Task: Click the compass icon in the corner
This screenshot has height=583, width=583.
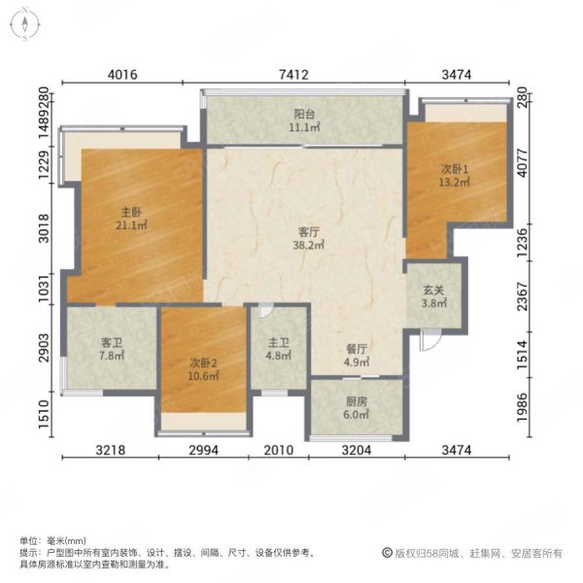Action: (25, 24)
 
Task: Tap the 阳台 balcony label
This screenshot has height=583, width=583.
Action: (305, 114)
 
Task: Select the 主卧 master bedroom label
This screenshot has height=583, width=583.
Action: (131, 212)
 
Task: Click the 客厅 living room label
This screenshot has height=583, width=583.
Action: (309, 232)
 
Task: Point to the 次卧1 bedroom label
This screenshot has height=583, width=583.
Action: (455, 169)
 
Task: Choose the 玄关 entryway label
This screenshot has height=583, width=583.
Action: (434, 290)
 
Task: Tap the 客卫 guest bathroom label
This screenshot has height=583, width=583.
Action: (112, 342)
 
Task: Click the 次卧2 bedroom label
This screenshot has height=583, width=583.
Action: (203, 362)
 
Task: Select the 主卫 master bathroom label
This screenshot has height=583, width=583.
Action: (279, 342)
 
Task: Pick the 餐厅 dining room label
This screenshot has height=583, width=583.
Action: (357, 349)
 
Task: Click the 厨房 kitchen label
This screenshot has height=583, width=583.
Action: (357, 401)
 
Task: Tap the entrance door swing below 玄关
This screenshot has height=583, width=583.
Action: (430, 340)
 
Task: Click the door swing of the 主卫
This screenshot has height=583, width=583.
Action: (266, 311)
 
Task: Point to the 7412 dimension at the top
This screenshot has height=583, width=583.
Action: (293, 75)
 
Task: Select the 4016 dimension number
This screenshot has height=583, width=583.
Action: (122, 75)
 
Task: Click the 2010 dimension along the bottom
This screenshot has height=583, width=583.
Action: (279, 450)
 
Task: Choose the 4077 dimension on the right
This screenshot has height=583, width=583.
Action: (523, 163)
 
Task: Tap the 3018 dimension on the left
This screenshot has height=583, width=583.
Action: (44, 228)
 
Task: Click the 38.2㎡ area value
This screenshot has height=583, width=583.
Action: (309, 245)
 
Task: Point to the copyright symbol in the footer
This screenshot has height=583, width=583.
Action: (387, 553)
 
